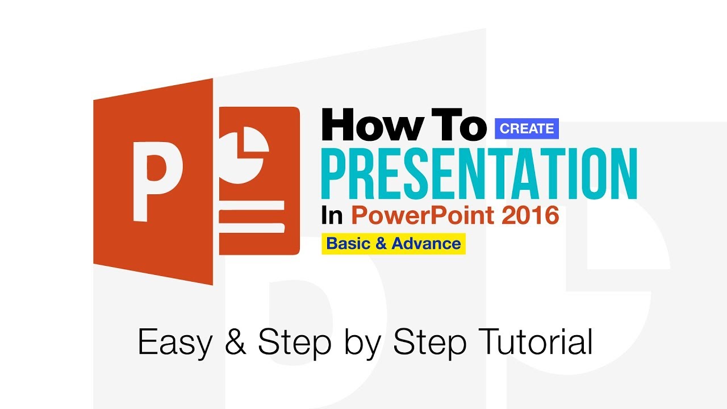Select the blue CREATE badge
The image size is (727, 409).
[527, 129]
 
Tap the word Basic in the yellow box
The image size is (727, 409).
[348, 244]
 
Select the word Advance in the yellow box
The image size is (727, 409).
[426, 244]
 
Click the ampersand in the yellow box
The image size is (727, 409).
[381, 244]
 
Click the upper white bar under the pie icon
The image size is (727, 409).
[251, 206]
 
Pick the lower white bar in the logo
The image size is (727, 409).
[251, 228]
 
